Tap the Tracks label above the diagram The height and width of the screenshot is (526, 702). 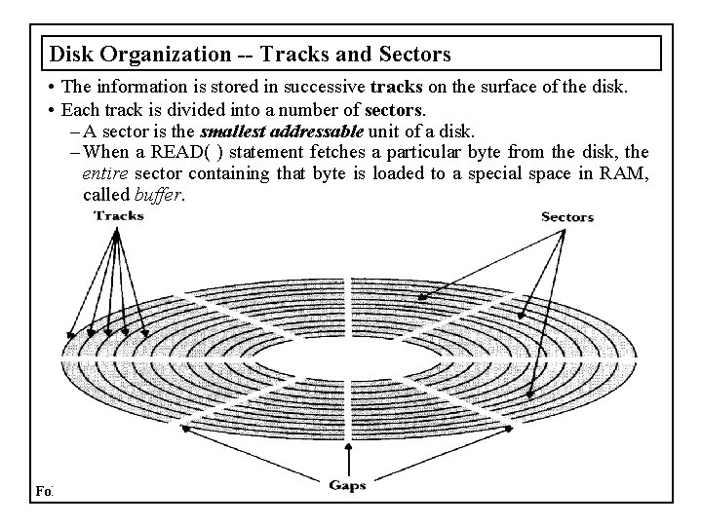click(x=119, y=215)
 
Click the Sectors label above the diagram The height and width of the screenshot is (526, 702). click(x=567, y=216)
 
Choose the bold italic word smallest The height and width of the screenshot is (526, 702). click(x=232, y=131)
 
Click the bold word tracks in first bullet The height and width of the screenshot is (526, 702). click(x=397, y=88)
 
